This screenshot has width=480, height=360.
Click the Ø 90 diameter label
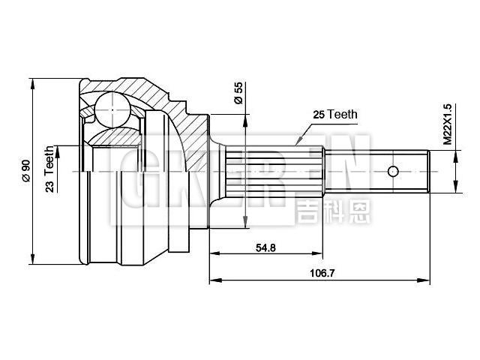[x=25, y=171]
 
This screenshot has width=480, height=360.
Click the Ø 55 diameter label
[x=238, y=92]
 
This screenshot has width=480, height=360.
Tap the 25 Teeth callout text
[x=335, y=115]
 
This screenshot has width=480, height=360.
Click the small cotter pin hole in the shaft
[x=393, y=171]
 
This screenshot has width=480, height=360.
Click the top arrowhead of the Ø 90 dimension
[x=34, y=82]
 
